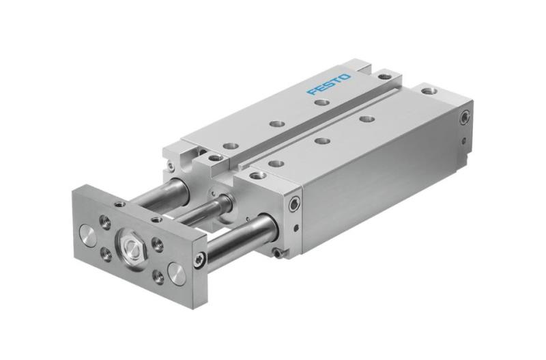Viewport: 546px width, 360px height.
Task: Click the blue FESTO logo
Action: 329,85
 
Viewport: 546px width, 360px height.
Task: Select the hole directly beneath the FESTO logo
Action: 321,102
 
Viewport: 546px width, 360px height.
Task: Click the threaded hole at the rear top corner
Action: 428,90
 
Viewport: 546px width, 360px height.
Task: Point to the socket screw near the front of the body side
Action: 294,204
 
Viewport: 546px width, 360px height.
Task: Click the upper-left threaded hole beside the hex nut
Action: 107,221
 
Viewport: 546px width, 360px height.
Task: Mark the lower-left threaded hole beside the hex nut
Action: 107,254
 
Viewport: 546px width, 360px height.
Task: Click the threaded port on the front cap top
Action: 258,176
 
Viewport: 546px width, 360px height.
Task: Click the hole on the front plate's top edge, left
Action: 120,203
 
